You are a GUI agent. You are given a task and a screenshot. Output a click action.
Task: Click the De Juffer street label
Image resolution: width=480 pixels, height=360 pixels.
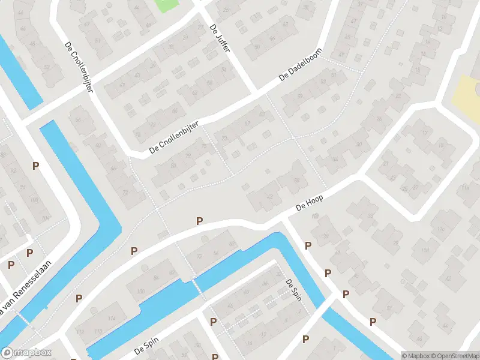coord(220,38)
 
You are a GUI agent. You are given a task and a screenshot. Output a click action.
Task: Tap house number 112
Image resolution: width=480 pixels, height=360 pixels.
coord(80,332)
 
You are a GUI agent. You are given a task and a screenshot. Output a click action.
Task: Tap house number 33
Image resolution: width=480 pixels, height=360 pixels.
coord(370,216)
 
